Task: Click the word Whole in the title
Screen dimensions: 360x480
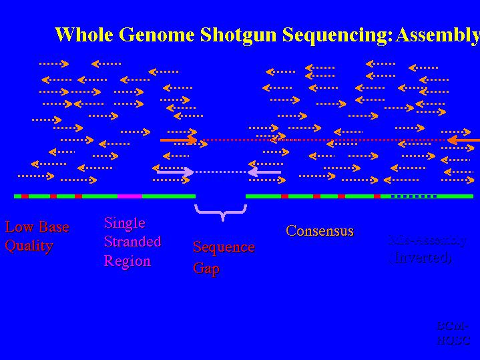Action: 78,35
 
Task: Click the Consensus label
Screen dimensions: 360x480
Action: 319,230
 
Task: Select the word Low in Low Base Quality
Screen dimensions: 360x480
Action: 19,226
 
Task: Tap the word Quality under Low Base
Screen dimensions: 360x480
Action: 29,245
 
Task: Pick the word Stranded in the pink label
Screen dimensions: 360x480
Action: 132,241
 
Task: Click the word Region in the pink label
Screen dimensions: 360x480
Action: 127,260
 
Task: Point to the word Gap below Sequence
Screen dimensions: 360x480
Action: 206,268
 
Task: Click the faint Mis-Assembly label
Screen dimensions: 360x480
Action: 427,240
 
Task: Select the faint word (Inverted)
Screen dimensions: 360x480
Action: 421,256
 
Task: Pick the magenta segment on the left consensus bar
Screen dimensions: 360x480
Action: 130,196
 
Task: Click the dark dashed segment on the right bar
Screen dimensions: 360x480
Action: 413,196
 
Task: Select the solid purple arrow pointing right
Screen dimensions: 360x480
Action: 175,172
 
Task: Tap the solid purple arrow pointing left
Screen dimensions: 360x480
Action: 264,172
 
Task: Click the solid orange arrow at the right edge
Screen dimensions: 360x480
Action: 463,140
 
